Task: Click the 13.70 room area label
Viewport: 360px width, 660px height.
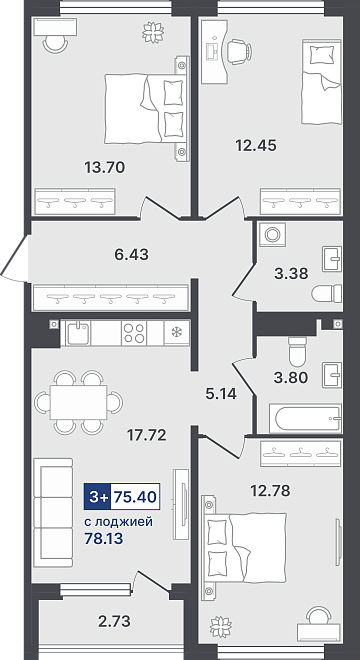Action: coord(105,168)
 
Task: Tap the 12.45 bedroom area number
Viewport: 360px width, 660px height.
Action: coord(256,146)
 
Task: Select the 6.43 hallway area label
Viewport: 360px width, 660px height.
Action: coord(131,254)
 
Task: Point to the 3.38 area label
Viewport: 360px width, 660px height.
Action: coord(291,274)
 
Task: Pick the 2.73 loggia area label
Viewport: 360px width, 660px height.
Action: coord(113,620)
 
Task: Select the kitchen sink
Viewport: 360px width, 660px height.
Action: coord(78,333)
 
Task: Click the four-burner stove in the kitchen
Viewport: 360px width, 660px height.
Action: coord(134,333)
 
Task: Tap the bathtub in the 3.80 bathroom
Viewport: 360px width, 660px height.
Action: coord(308,418)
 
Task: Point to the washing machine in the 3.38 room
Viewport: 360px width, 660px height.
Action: coord(272,234)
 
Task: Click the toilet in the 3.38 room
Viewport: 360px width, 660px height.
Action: coord(327,293)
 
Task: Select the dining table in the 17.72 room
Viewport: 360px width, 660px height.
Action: coord(78,402)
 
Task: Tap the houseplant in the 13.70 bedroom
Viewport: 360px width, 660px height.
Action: coord(152,32)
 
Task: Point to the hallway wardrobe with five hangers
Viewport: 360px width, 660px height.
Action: coord(111,298)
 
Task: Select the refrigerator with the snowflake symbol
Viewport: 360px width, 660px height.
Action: coord(177,333)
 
